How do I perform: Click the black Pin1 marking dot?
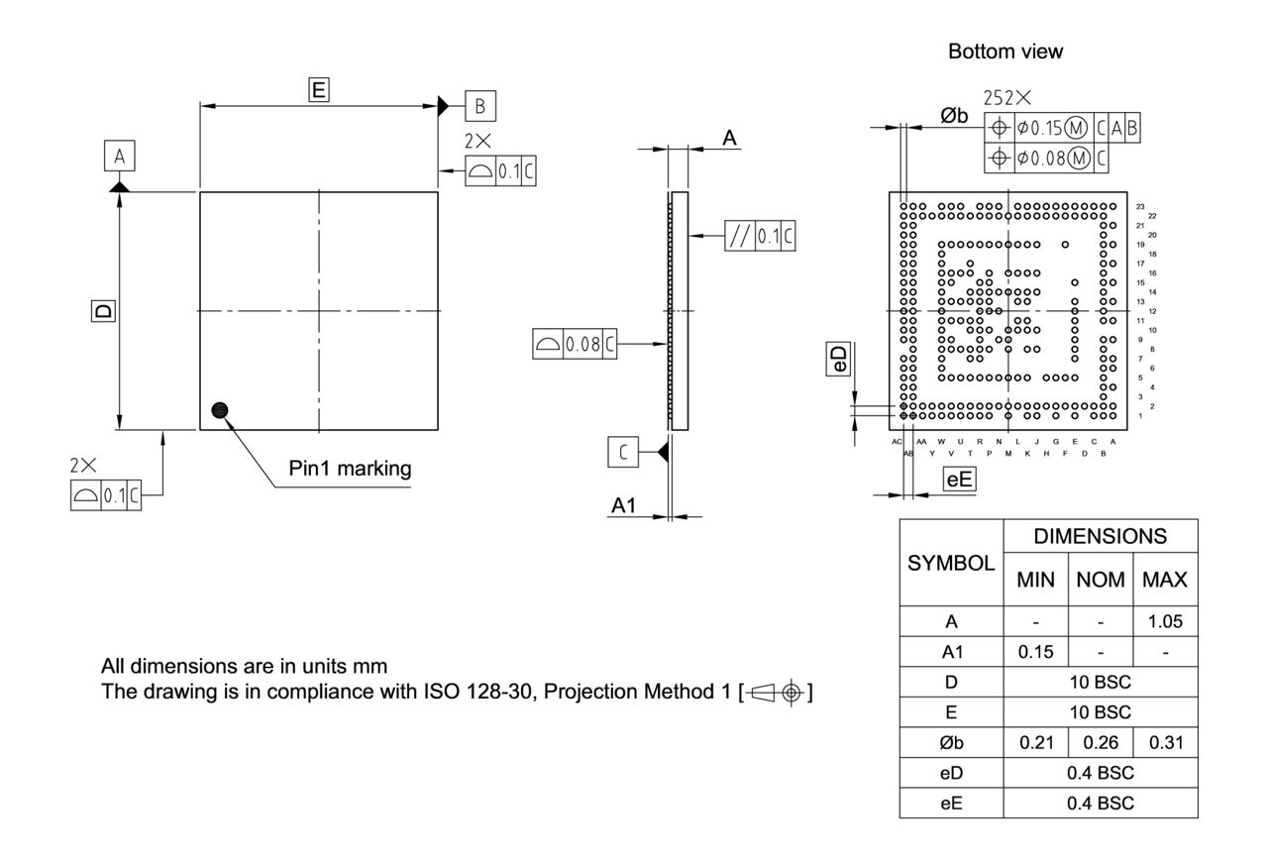pos(219,410)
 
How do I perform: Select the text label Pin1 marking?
pos(350,469)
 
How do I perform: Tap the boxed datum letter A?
pos(119,157)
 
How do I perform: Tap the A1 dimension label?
pos(624,505)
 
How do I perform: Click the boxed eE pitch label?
pos(959,481)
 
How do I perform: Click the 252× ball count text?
pos(1006,98)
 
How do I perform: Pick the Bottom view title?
pos(1004,53)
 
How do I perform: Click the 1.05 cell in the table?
pos(1164,622)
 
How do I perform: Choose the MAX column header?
pos(1164,580)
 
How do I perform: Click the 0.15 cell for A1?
pos(1035,652)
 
